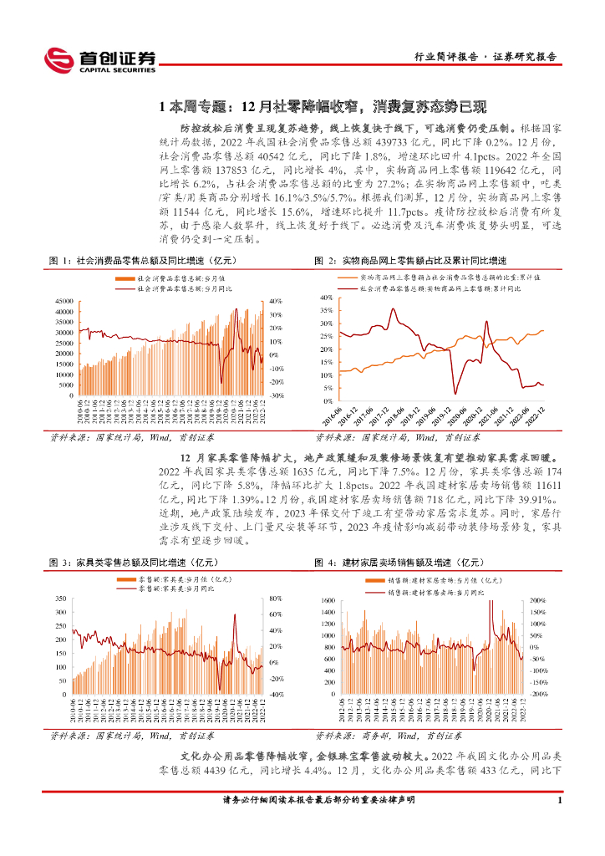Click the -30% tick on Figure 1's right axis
tap(278, 395)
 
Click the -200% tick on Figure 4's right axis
tap(540, 694)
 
